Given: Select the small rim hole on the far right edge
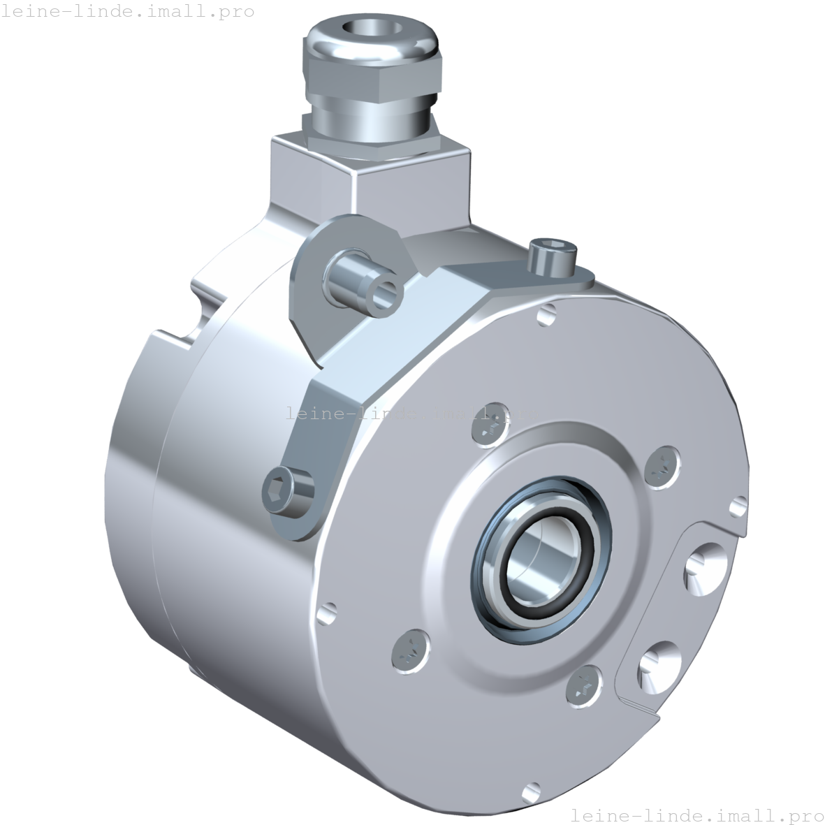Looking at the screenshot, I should (738, 504).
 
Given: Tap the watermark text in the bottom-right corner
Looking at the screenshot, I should (696, 815).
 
